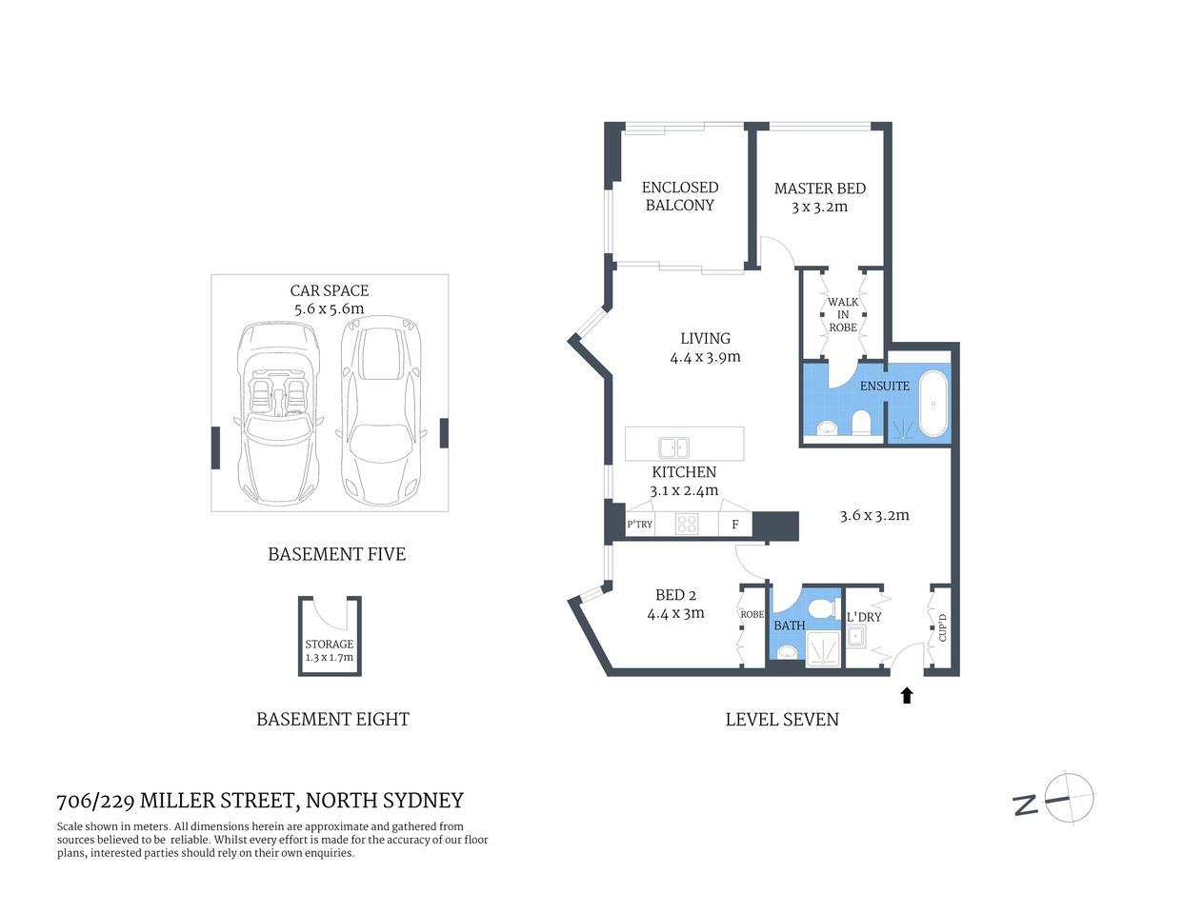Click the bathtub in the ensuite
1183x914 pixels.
click(933, 405)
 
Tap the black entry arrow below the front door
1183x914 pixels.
click(907, 696)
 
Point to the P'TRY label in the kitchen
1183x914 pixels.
click(640, 525)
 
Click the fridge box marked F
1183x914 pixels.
click(735, 525)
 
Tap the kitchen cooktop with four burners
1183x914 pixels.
click(687, 525)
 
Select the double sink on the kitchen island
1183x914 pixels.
click(674, 446)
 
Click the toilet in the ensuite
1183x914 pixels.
click(862, 422)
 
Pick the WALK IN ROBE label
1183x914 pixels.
click(843, 314)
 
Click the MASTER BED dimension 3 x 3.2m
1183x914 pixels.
click(819, 207)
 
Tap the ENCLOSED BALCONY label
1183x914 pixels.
click(680, 196)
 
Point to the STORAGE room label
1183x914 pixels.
click(330, 645)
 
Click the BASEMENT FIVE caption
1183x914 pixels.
click(336, 554)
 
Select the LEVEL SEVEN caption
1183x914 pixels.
click(782, 720)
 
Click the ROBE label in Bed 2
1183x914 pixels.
click(752, 614)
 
